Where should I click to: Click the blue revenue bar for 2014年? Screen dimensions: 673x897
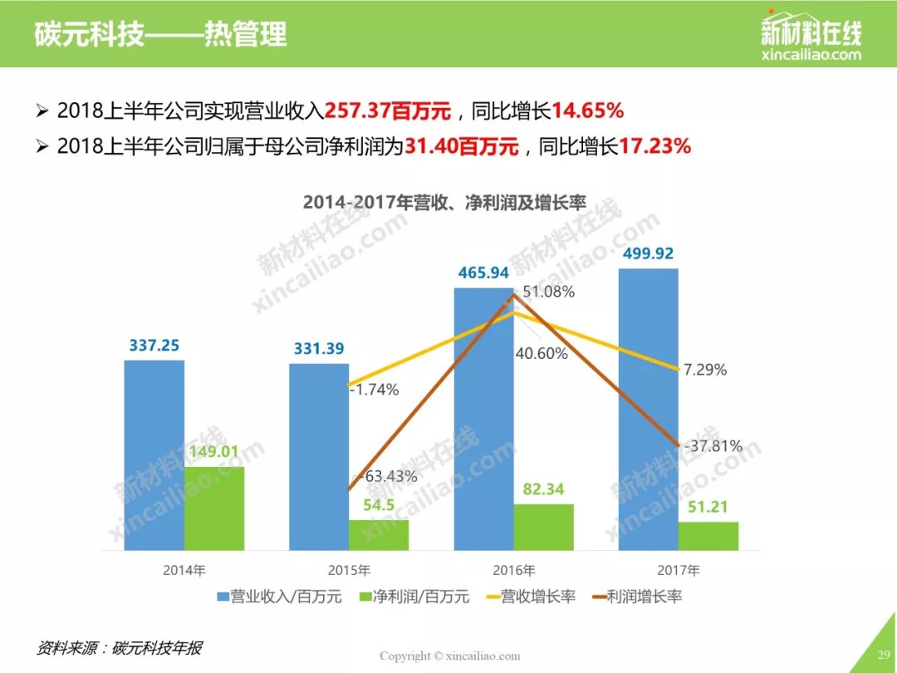pos(154,454)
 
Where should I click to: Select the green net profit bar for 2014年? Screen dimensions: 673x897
pos(214,508)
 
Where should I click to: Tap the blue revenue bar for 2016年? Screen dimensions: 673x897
pos(483,419)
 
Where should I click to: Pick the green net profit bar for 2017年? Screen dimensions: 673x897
pos(708,535)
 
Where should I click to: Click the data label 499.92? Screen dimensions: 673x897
pos(648,253)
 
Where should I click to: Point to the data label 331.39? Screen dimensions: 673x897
pos(319,349)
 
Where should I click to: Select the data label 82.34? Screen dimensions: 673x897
pos(544,489)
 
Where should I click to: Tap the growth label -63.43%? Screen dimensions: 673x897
pos(388,476)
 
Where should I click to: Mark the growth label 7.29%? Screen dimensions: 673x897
pos(705,370)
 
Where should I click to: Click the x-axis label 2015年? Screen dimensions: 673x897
pos(350,571)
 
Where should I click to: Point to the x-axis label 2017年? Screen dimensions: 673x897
pos(679,571)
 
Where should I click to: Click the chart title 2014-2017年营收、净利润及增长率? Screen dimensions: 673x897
pos(445,202)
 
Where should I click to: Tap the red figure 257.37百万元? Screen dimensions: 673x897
pos(388,111)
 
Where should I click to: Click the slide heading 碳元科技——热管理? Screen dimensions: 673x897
pos(161,35)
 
